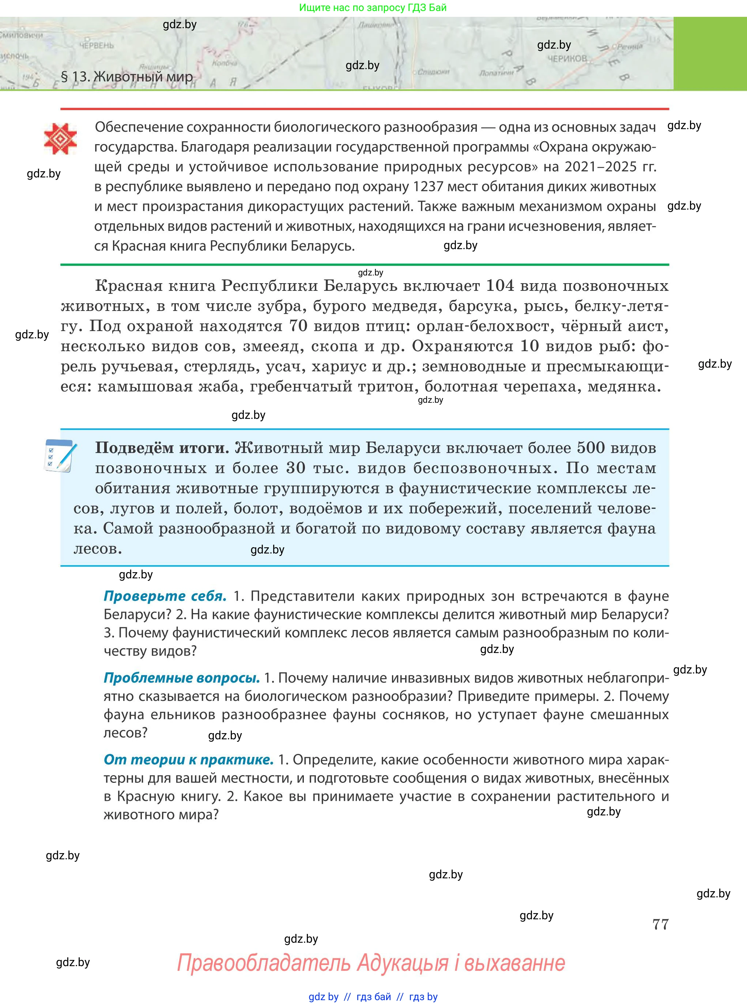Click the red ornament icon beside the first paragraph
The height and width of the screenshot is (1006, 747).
[x=60, y=139]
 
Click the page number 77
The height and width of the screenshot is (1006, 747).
[x=660, y=924]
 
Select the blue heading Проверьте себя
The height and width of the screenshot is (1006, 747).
[x=165, y=596]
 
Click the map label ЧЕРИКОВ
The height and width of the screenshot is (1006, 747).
[x=567, y=59]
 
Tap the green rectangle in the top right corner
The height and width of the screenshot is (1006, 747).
[x=710, y=53]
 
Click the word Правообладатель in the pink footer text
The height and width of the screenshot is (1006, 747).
[x=263, y=963]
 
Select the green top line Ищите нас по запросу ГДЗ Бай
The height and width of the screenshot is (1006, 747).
[x=373, y=8]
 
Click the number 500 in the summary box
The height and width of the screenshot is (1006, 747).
[x=591, y=448]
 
